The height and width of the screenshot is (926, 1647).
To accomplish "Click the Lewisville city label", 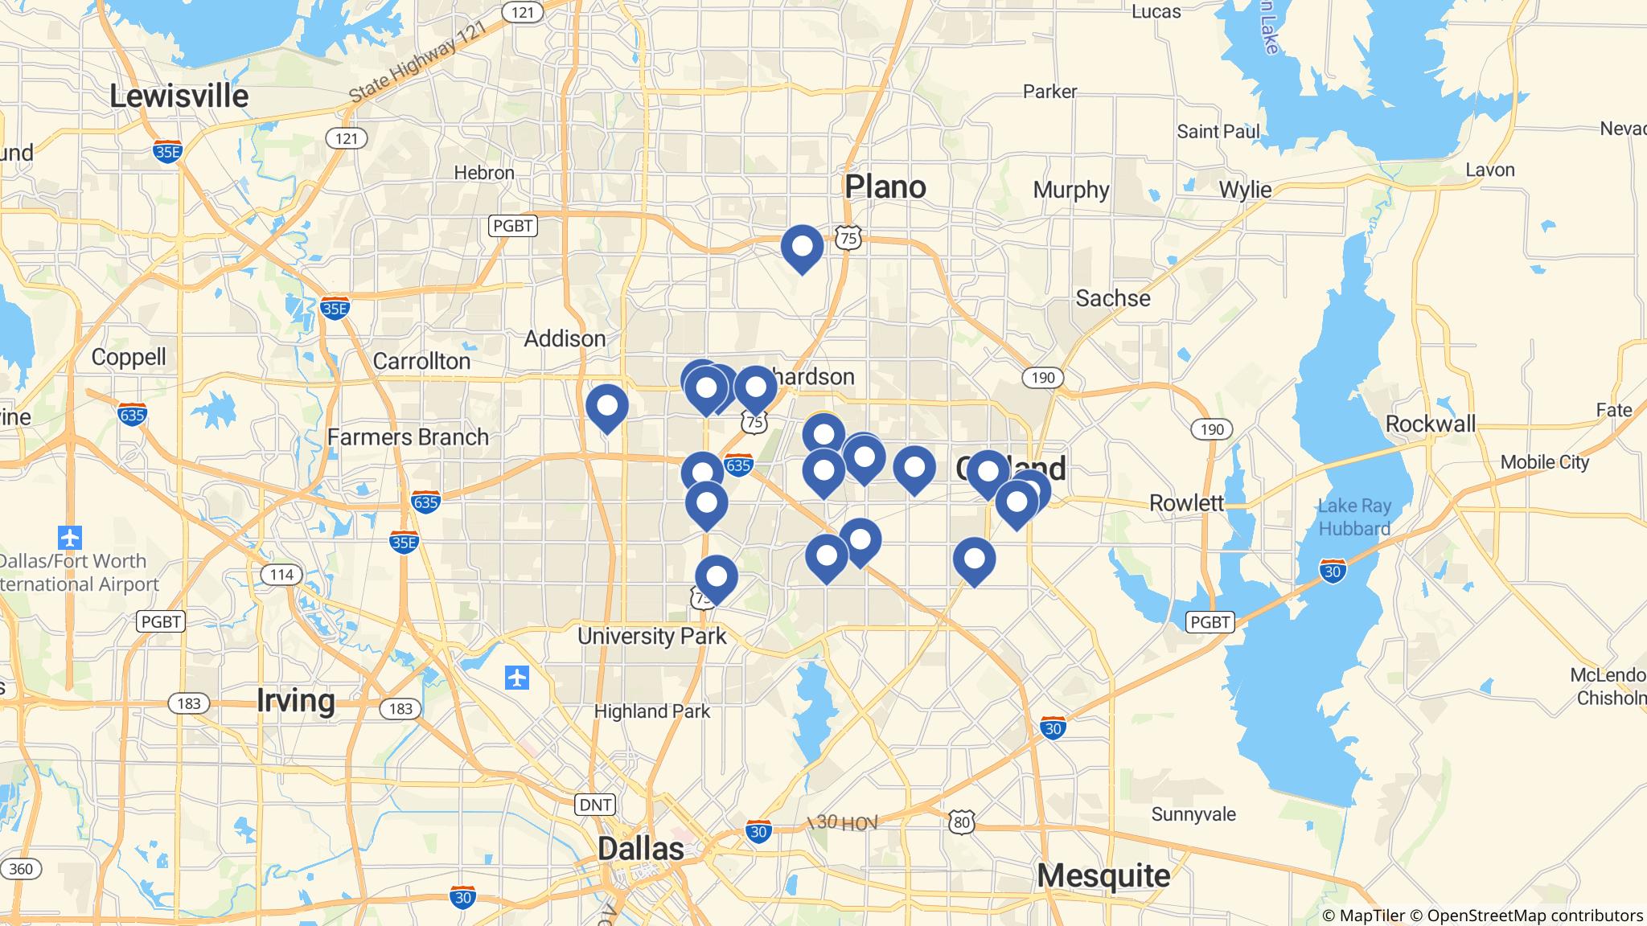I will (x=179, y=96).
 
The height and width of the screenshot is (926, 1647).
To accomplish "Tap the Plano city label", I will (x=885, y=187).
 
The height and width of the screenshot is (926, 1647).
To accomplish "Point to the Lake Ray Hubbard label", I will (x=1354, y=517).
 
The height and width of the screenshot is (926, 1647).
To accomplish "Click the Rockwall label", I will (x=1431, y=424).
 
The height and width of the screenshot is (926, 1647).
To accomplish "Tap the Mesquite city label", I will (x=1103, y=875).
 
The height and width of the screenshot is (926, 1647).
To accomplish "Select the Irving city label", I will (x=295, y=700).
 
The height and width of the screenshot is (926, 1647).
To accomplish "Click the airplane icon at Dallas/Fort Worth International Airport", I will (x=70, y=536).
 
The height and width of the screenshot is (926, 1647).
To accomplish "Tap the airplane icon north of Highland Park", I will (x=517, y=678).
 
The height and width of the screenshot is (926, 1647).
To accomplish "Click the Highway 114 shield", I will (x=281, y=575).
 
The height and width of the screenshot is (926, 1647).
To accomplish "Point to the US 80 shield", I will (x=960, y=822).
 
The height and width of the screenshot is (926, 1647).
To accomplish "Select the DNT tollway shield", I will (x=595, y=804).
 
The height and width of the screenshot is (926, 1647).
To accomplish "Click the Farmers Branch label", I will (x=408, y=437).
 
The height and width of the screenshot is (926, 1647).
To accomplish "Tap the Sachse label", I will (x=1113, y=298).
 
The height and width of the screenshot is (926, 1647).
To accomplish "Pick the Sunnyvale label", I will (x=1193, y=814).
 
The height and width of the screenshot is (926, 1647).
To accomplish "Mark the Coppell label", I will (x=129, y=357).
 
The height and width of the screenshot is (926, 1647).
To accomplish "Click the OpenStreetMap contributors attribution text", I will (x=1534, y=916).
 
